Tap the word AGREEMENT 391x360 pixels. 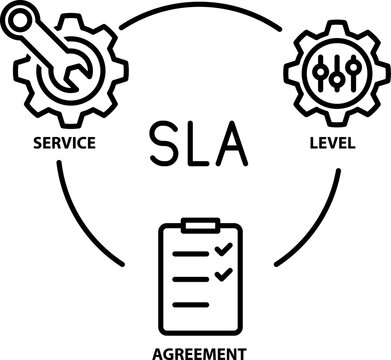tap(200, 351)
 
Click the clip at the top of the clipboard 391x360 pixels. tap(200, 224)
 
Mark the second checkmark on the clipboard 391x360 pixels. tap(225, 272)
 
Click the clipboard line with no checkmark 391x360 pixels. tap(193, 303)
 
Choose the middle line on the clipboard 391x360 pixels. tap(188, 274)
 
